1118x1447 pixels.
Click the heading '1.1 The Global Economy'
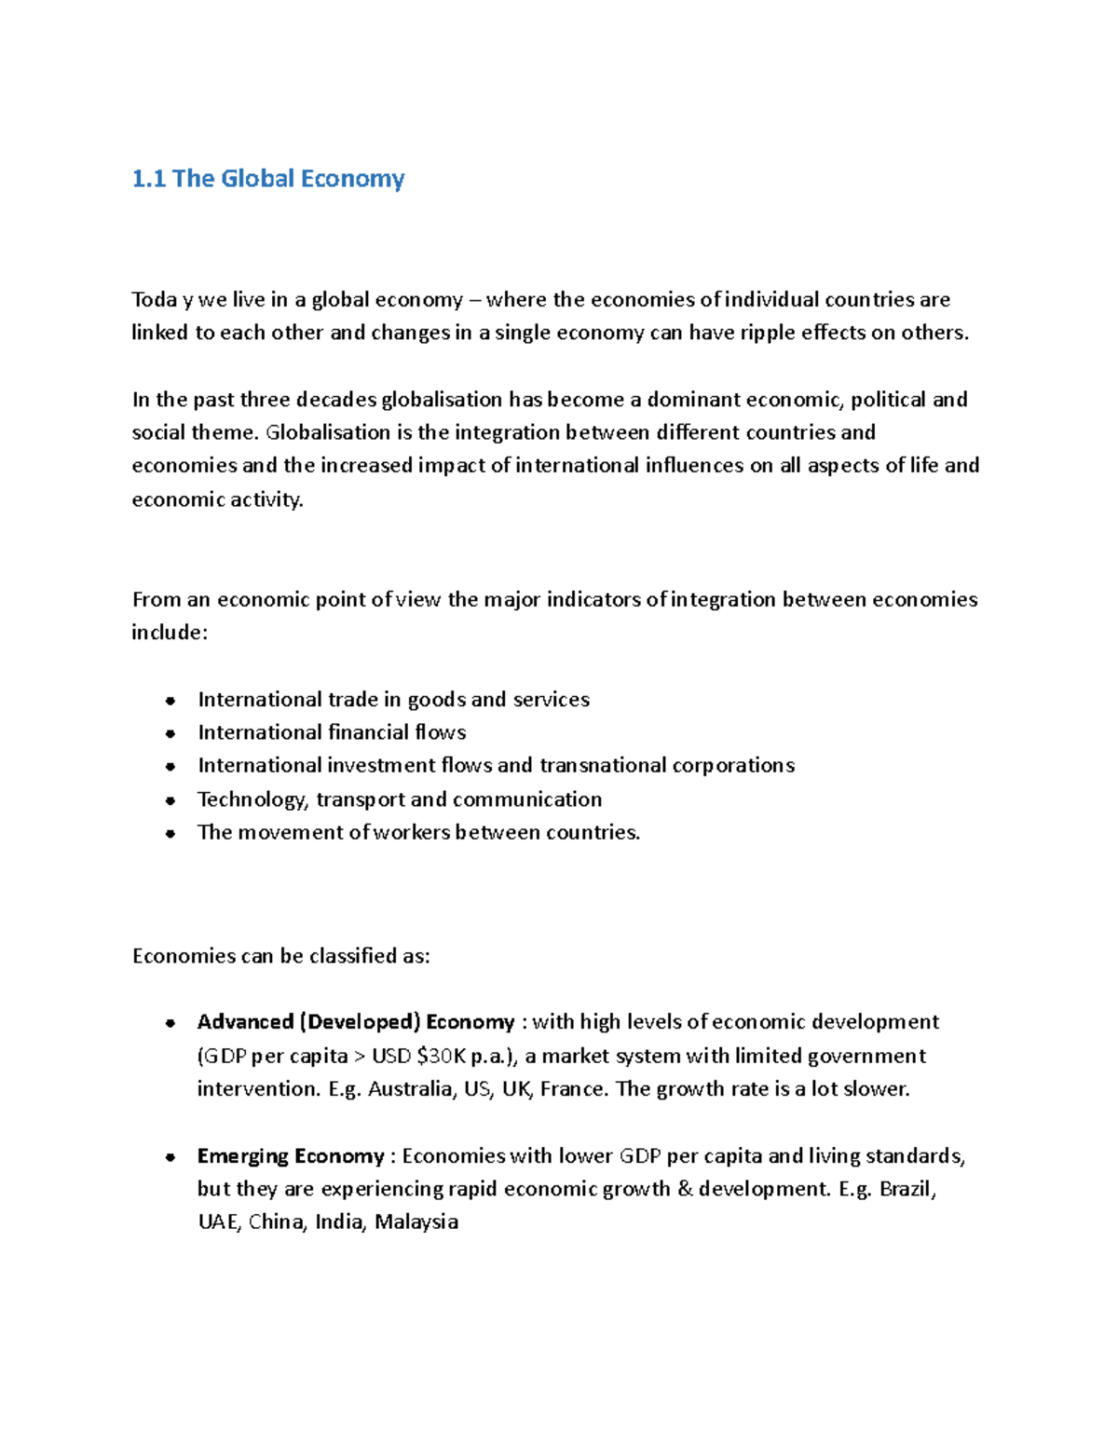(268, 179)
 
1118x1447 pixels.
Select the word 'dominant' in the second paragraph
(692, 400)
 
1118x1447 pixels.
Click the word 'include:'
(170, 633)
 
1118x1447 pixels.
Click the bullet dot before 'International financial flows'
(170, 733)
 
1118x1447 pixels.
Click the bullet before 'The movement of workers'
(170, 834)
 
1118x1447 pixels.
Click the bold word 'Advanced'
(245, 1022)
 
